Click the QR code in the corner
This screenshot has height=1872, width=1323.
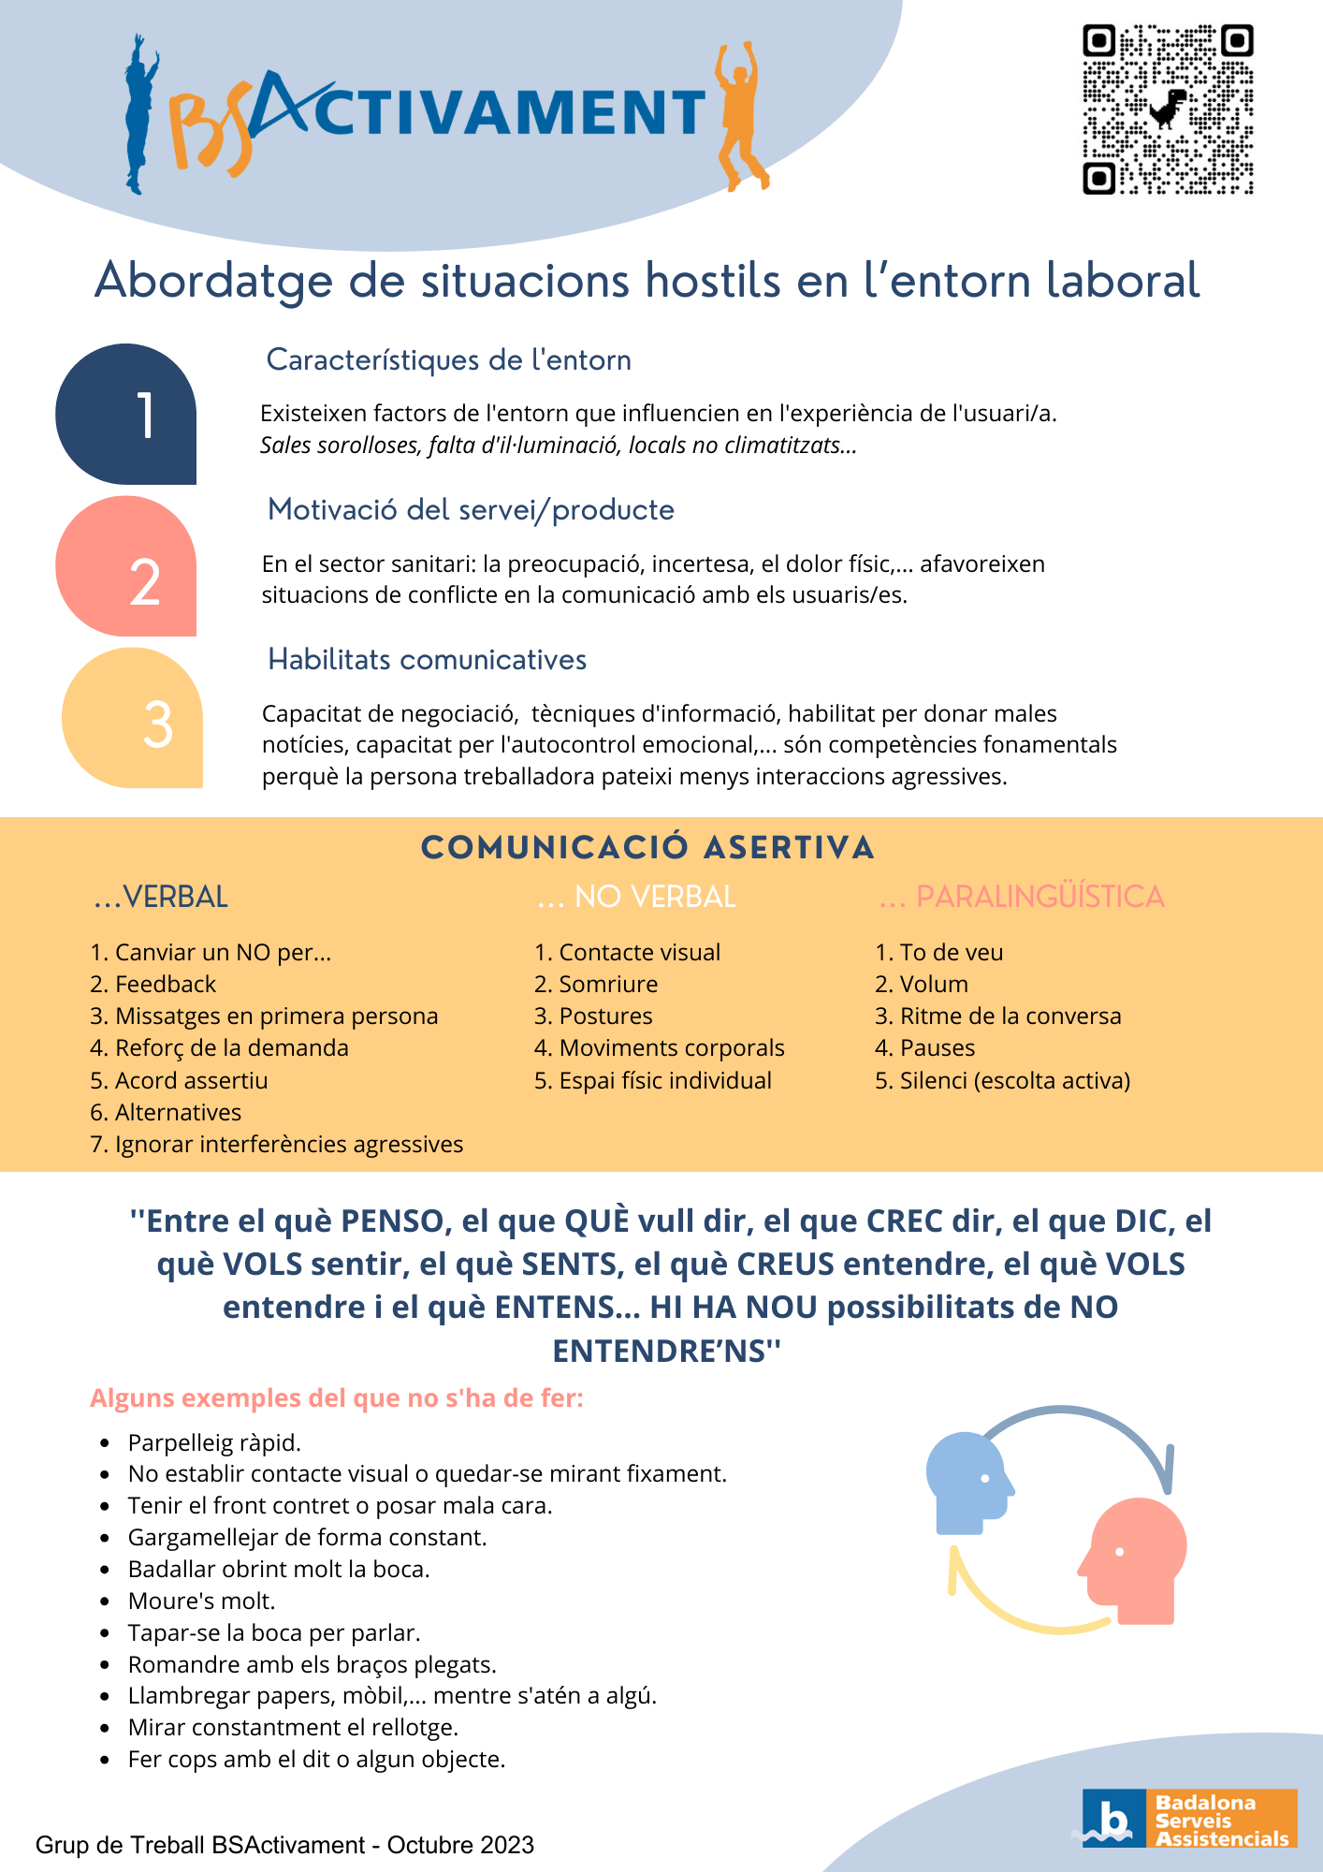(1168, 110)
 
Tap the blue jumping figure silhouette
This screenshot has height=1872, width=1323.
(138, 117)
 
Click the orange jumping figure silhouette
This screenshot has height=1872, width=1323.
(740, 117)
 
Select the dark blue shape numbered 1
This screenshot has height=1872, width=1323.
(127, 414)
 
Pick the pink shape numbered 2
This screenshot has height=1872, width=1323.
(127, 567)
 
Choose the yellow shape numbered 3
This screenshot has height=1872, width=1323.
(133, 719)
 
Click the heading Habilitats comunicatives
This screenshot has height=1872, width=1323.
(427, 660)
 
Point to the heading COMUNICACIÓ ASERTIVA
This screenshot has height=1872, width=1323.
(647, 848)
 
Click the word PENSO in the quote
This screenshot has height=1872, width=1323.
(392, 1221)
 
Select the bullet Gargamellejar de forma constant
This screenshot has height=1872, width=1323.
(307, 1538)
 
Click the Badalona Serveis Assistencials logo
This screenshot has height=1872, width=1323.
(1189, 1820)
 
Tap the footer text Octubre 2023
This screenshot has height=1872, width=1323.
(460, 1845)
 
